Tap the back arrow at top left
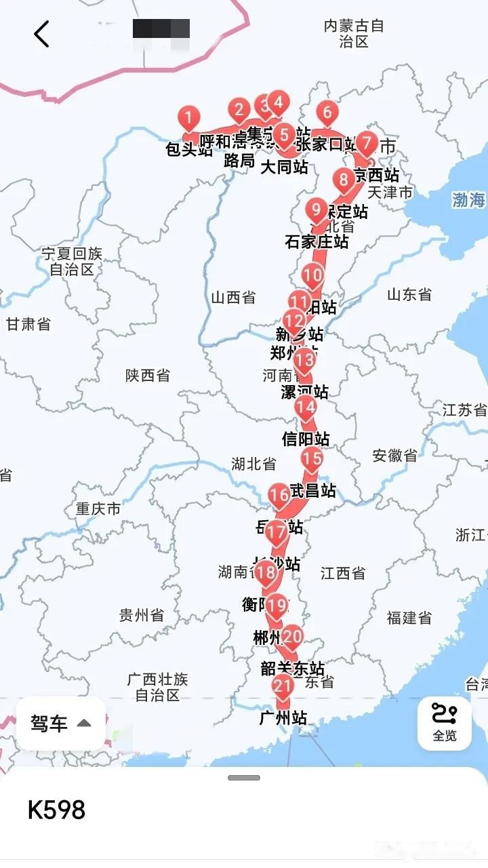(42, 34)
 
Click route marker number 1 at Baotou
(188, 118)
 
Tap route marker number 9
(316, 210)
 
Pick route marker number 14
(305, 407)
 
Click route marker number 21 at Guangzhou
(283, 686)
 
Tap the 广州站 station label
(283, 718)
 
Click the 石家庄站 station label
(317, 241)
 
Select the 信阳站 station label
(306, 439)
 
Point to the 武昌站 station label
(312, 490)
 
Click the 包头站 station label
(189, 149)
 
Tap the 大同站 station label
(284, 166)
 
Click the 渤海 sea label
(468, 200)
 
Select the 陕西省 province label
(148, 375)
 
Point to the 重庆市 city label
(98, 508)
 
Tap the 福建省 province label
(409, 618)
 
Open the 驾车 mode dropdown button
(61, 724)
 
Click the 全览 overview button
(445, 724)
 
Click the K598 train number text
(57, 810)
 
